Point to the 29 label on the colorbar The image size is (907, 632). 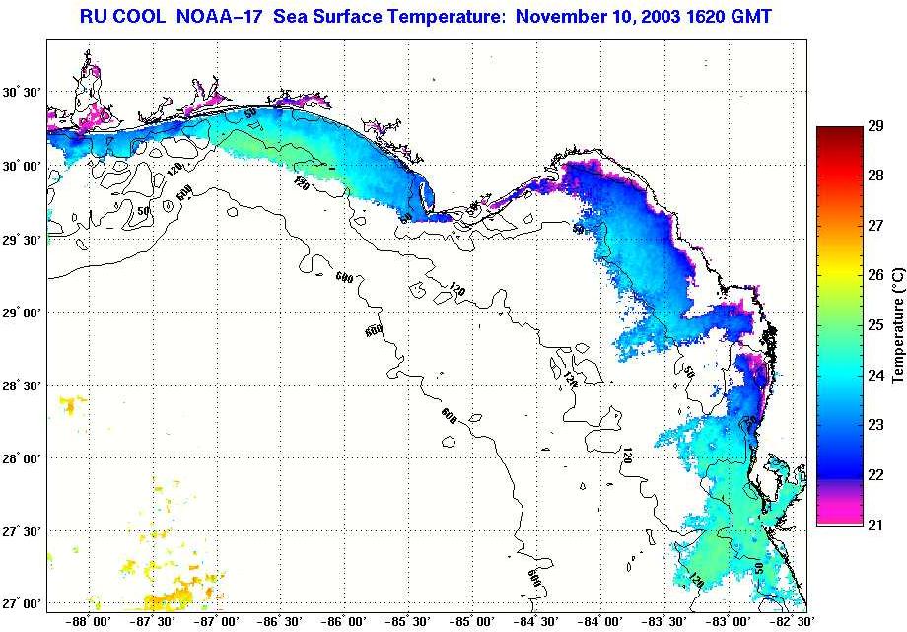tap(874, 126)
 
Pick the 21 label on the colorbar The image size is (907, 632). tap(874, 524)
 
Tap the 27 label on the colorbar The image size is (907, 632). tap(874, 226)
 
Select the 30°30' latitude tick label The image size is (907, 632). tap(23, 93)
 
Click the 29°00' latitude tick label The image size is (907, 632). tap(23, 313)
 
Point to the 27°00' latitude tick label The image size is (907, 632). tap(23, 604)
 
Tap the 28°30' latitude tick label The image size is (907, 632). tap(23, 386)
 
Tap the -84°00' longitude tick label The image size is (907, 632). tap(600, 622)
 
